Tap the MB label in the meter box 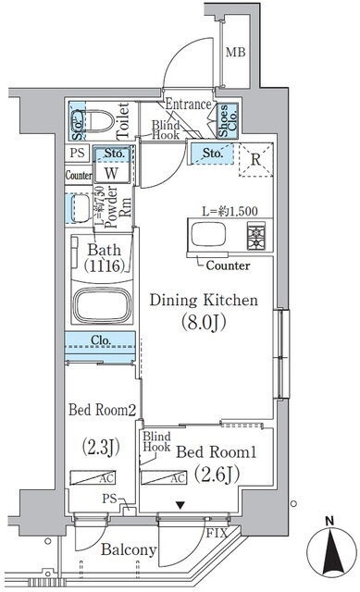click(235, 52)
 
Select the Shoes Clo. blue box click(228, 120)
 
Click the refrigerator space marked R click(255, 160)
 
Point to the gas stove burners click(256, 235)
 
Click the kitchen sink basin click(208, 234)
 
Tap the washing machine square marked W click(111, 173)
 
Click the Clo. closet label click(101, 339)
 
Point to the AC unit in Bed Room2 click(93, 477)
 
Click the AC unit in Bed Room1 click(164, 477)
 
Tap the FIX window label click(217, 533)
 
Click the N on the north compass click(329, 522)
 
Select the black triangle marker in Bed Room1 click(181, 505)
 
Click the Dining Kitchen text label click(204, 301)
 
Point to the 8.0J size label click(204, 322)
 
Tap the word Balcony click(129, 549)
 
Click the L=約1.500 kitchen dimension click(230, 211)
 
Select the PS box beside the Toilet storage click(78, 154)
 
